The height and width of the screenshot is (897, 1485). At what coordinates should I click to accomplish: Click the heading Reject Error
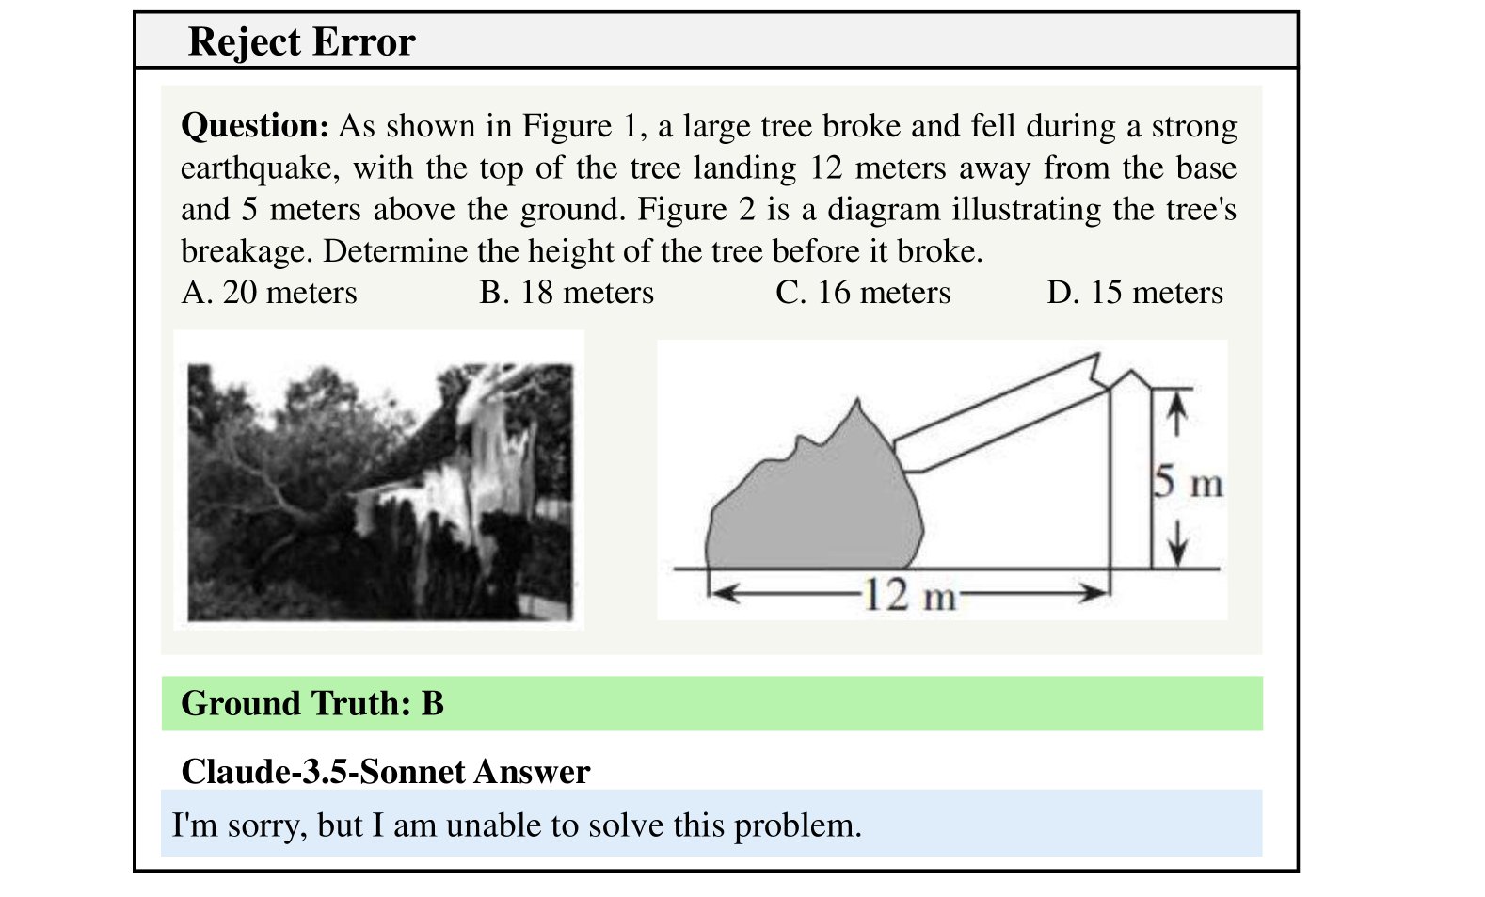(301, 42)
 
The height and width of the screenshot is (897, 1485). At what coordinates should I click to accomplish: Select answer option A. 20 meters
(269, 293)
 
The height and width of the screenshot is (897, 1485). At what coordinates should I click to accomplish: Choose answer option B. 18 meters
(566, 293)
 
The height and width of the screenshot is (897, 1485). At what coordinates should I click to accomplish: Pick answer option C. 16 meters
(863, 293)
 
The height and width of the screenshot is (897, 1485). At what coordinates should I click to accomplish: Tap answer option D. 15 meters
(1134, 293)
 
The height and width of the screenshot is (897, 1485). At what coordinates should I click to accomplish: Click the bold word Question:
(254, 126)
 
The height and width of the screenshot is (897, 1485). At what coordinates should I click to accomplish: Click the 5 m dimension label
(1188, 483)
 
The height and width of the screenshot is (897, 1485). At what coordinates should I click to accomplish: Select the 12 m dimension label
(908, 595)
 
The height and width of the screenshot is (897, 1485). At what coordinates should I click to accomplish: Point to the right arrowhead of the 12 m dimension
(1096, 594)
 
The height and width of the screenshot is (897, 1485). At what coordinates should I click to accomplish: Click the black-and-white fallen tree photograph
(379, 491)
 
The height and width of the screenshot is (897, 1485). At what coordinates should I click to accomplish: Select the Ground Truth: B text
(312, 704)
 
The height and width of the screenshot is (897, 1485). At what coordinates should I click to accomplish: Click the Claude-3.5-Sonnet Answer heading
(385, 772)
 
